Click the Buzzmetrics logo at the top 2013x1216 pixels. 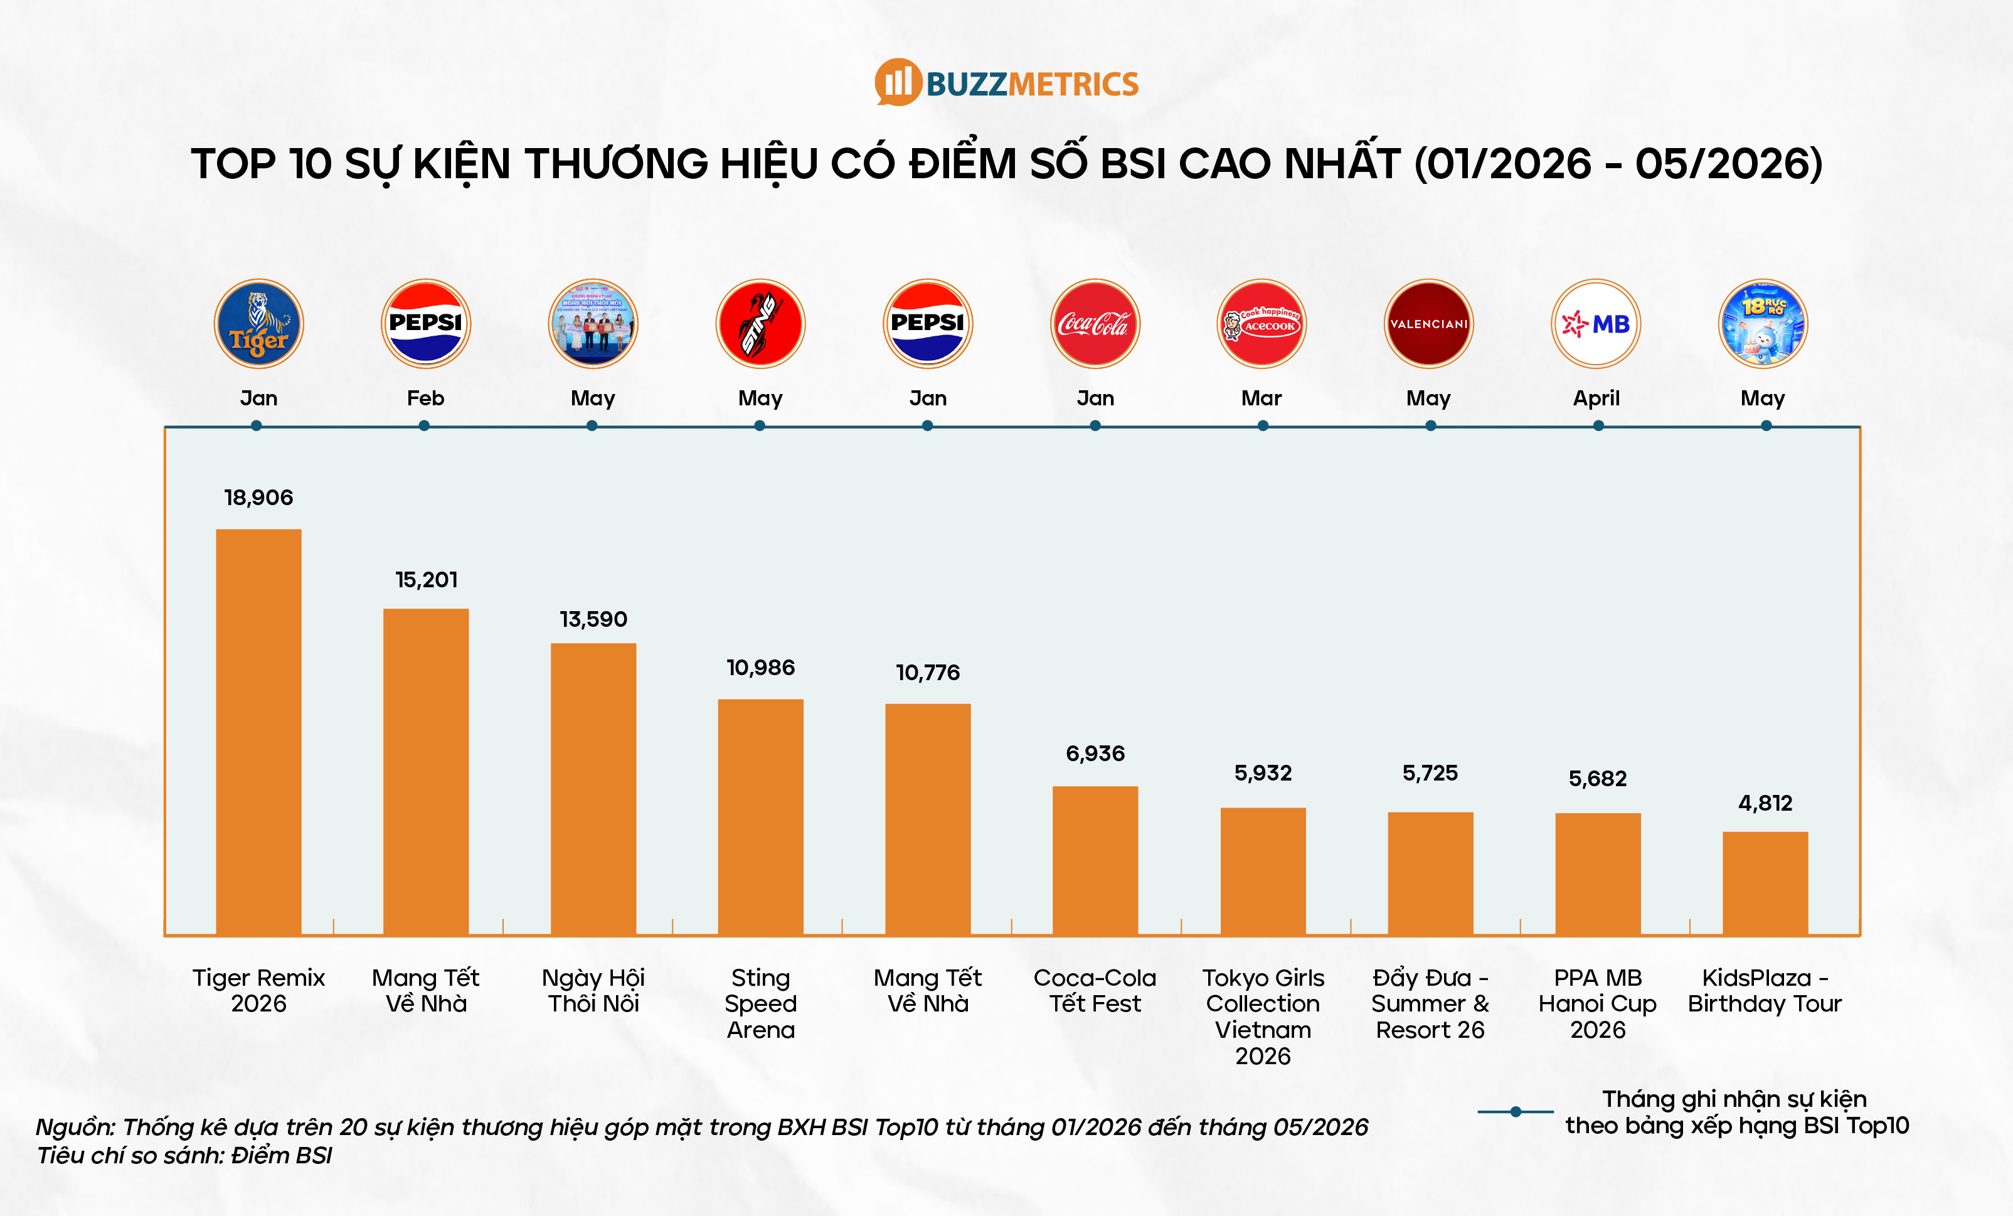(1006, 83)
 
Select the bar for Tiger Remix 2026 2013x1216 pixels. (258, 732)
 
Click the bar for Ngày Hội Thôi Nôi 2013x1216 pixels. (593, 789)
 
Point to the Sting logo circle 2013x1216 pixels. (760, 324)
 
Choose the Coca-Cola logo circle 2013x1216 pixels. (1095, 324)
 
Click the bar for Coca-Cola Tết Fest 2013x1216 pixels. (1095, 860)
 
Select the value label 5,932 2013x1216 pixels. (1263, 773)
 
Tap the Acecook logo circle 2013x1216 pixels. (1261, 324)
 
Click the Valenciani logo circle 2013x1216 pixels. (1429, 324)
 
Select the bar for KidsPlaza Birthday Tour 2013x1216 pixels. (1765, 883)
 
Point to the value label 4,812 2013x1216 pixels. (1765, 803)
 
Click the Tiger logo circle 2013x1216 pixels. (259, 324)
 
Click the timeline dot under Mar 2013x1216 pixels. (1263, 426)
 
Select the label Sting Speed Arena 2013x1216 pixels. (760, 1003)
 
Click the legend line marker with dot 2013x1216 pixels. (1516, 1111)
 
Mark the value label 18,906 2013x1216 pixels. (258, 498)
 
